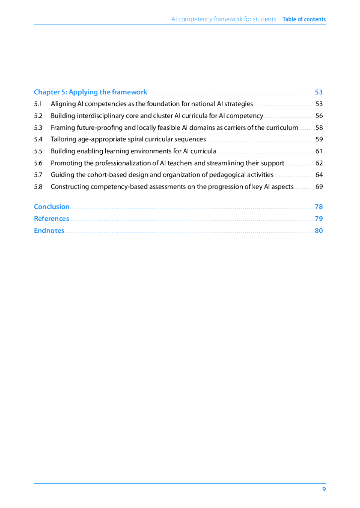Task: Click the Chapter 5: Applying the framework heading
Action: (90, 92)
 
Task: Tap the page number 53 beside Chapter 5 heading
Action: (319, 92)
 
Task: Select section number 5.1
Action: (38, 104)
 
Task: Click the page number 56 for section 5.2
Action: (319, 116)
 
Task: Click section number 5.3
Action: (38, 128)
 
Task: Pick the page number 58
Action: (319, 128)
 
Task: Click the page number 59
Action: (319, 139)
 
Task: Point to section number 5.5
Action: (38, 151)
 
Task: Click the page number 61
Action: (319, 151)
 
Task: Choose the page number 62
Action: (319, 163)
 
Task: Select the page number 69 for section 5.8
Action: (319, 187)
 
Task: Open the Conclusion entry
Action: (52, 207)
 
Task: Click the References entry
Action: (52, 219)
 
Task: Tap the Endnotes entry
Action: (49, 231)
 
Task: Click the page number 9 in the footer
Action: (324, 489)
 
